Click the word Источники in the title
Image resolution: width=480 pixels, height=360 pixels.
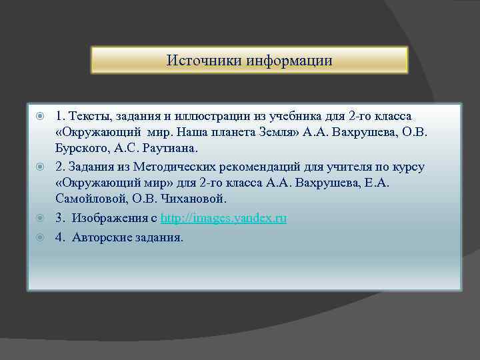[204, 61]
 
